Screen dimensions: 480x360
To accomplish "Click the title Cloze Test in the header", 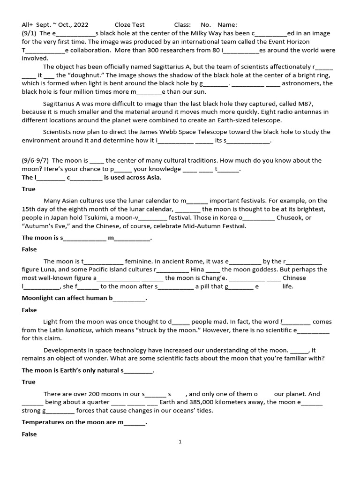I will (129, 25).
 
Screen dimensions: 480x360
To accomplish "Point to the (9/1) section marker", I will (29, 33).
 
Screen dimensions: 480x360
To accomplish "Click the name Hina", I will (197, 270).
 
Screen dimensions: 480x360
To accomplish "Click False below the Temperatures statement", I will (29, 434).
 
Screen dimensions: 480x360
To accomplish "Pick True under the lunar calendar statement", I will (29, 189).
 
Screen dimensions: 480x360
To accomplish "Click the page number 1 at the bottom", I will (180, 442).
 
